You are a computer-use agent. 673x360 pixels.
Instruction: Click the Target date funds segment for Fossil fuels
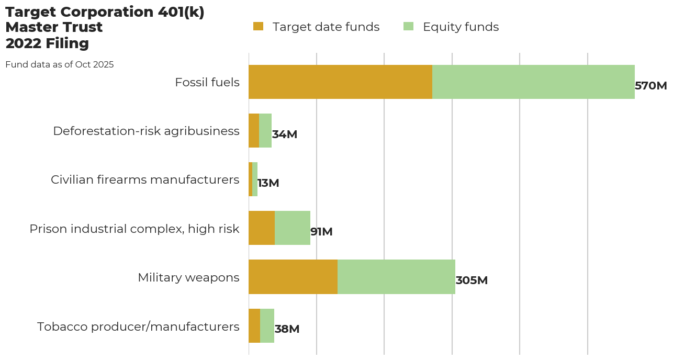[x=340, y=82]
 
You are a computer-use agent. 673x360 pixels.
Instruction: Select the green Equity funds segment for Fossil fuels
[x=533, y=82]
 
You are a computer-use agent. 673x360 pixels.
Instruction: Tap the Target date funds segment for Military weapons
[x=293, y=277]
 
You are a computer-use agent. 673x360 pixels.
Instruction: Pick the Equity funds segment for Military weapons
[x=396, y=277]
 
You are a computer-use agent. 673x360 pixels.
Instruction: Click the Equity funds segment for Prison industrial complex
[x=293, y=228]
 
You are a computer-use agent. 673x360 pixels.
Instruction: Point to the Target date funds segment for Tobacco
[x=254, y=325]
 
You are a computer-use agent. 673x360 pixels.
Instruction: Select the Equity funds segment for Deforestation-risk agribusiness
[x=265, y=131]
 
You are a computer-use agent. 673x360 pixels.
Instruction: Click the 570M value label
[x=650, y=86]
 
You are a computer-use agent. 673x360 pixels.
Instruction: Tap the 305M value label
[x=472, y=280]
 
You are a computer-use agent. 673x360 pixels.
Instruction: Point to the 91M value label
[x=321, y=232]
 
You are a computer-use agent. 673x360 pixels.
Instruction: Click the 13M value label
[x=268, y=183]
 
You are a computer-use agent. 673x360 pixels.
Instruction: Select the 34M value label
[x=285, y=134]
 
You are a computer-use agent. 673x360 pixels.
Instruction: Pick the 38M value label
[x=287, y=329]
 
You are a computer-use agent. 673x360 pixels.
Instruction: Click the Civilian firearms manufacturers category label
[x=145, y=180]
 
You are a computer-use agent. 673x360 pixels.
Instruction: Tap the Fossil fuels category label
[x=207, y=83]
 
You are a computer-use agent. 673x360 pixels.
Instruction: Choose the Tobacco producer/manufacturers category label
[x=138, y=327]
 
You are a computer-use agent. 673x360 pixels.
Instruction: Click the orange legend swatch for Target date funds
[x=259, y=27]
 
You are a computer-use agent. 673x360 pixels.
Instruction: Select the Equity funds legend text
[x=461, y=27]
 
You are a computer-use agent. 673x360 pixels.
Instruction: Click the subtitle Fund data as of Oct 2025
[x=60, y=65]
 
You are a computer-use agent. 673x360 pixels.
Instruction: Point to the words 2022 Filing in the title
[x=47, y=43]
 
